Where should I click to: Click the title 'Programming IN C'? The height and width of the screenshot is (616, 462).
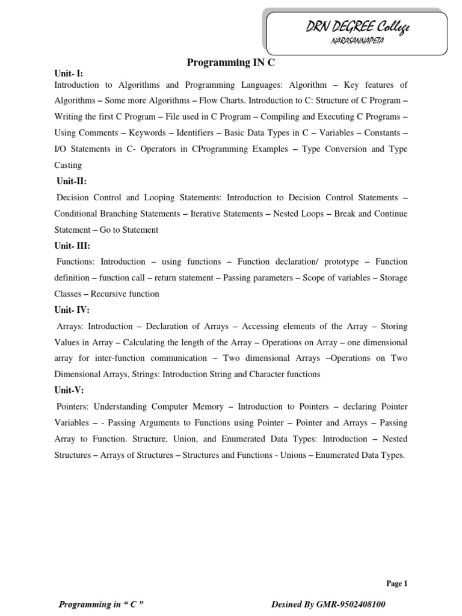(232, 63)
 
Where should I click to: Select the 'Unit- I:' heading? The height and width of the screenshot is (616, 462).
(69, 73)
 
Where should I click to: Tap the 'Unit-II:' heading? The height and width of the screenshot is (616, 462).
(71, 181)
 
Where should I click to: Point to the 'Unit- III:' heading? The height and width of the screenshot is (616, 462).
(72, 245)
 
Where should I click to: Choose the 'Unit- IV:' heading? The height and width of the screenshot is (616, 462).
(72, 310)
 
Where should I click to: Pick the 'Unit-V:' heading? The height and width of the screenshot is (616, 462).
(70, 390)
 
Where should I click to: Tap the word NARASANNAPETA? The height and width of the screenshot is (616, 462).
(360, 41)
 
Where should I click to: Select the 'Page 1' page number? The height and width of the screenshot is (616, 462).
(396, 583)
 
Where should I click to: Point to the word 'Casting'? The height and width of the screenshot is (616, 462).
(68, 165)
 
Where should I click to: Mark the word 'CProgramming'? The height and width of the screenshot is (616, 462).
(239, 149)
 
